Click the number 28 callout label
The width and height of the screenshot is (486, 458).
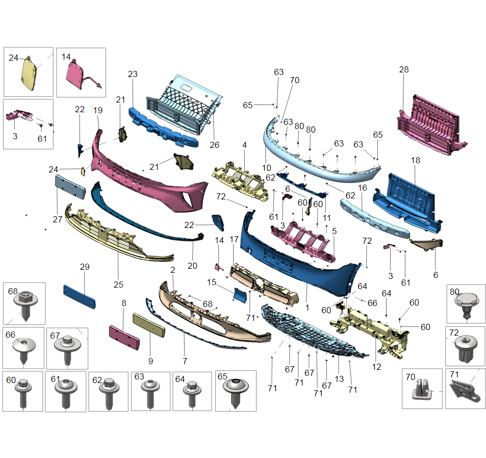pyautogui.click(x=404, y=69)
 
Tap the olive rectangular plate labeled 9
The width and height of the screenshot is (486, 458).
pyautogui.click(x=149, y=325)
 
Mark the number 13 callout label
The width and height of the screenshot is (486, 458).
pyautogui.click(x=339, y=379)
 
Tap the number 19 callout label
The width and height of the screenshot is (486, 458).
pyautogui.click(x=98, y=110)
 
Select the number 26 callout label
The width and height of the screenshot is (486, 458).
pyautogui.click(x=214, y=145)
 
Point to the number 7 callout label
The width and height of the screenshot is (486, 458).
pyautogui.click(x=185, y=361)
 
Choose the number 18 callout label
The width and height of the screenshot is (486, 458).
pyautogui.click(x=416, y=160)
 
